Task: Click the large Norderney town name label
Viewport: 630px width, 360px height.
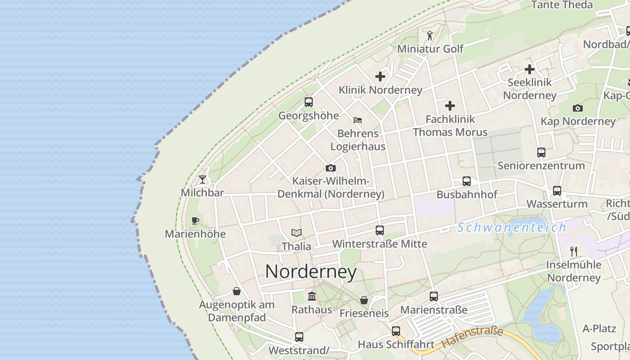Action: (x=311, y=271)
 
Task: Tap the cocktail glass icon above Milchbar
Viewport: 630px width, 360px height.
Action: (x=202, y=180)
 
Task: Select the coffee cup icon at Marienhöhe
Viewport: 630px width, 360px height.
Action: (x=195, y=220)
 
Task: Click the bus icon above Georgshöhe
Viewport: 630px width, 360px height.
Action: (x=308, y=102)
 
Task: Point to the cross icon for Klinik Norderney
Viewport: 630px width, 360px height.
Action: (x=380, y=76)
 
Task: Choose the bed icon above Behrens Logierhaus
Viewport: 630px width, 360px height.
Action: (x=358, y=120)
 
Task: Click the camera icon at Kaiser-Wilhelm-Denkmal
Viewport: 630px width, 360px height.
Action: (x=331, y=168)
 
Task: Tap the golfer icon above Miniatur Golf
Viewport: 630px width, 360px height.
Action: (x=430, y=35)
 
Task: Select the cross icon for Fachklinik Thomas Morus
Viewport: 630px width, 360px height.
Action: (x=450, y=106)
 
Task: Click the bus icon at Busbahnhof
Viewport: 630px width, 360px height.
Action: (x=467, y=181)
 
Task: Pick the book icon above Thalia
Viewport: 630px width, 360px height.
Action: (x=296, y=233)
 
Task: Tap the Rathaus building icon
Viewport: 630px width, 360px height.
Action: (x=311, y=296)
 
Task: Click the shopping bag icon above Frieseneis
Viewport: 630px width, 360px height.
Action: (x=364, y=300)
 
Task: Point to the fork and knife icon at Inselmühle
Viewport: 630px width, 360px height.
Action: (x=574, y=251)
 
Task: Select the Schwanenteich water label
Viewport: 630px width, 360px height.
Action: (x=512, y=228)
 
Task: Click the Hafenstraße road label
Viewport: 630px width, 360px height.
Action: (x=472, y=337)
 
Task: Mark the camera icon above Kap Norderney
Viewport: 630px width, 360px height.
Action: (x=578, y=108)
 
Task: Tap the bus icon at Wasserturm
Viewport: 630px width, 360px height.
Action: (x=557, y=191)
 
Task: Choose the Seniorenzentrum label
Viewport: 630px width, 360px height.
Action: (x=541, y=166)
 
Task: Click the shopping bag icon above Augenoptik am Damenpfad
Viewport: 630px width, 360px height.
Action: (x=237, y=292)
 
